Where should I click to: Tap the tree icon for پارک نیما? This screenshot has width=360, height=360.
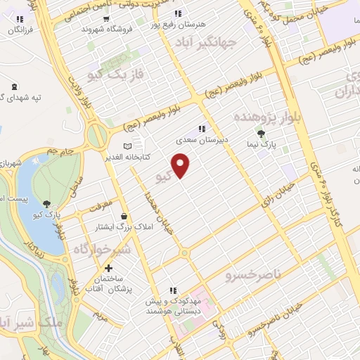[x=262, y=134]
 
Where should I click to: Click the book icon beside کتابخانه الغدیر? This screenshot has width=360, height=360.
[x=127, y=145]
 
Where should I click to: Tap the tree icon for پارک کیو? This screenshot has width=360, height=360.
[x=46, y=205]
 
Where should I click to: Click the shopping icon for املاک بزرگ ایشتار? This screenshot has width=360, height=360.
[x=124, y=216]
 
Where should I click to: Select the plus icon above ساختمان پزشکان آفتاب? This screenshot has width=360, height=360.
[x=108, y=268]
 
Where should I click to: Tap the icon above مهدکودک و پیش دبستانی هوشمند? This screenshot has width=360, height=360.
[x=172, y=290]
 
